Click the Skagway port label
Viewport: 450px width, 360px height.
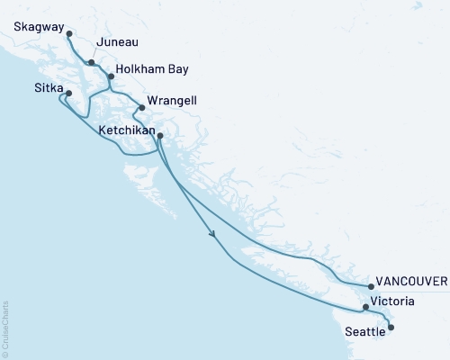point(40,28)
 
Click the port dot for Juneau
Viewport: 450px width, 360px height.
point(92,62)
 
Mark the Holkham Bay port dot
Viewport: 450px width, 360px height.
point(111,76)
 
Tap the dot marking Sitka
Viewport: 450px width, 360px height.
point(68,92)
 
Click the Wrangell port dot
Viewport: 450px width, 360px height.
point(141,109)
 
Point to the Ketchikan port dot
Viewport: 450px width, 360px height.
point(160,136)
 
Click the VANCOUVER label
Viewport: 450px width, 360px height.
point(412,282)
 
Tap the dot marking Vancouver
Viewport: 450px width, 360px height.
point(371,287)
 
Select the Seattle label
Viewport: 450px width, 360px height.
point(365,331)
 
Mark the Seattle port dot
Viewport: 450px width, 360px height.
point(390,328)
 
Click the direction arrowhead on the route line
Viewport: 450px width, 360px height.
point(213,235)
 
